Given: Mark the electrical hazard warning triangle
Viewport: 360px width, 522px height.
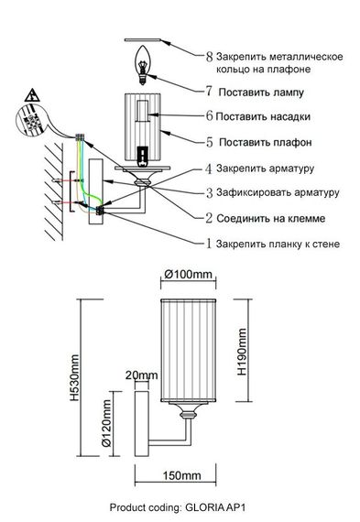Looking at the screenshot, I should (31, 96).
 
